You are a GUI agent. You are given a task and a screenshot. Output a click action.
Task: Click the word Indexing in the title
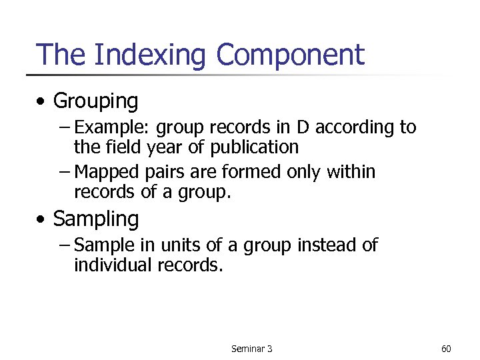point(151,55)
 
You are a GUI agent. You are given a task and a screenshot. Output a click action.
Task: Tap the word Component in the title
point(291,55)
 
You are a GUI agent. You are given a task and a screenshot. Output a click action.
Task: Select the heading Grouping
point(95,101)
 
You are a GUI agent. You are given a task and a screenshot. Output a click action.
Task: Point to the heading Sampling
point(95,219)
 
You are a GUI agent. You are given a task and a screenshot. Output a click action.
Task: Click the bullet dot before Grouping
point(43,102)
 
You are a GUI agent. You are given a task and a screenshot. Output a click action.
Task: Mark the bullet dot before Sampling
point(43,219)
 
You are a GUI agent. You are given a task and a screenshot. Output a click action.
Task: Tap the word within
point(351,172)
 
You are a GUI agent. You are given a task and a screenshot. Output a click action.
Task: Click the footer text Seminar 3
point(251,349)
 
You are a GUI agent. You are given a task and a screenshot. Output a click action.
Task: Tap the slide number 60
point(446,349)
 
